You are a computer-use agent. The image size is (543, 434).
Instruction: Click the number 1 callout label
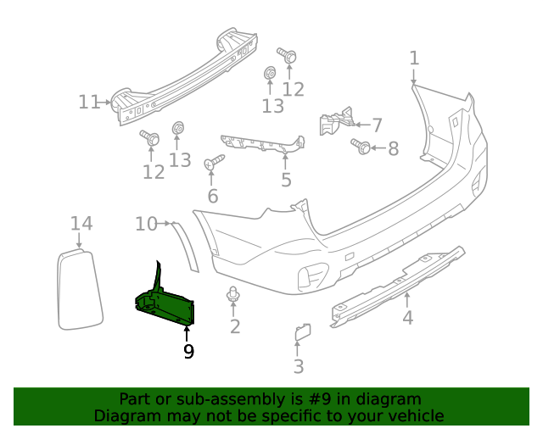tap(414, 58)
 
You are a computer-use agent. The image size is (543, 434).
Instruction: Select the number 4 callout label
tap(408, 318)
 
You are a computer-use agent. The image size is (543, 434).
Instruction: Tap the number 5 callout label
tap(286, 180)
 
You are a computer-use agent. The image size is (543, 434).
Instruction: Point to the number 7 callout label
tap(377, 124)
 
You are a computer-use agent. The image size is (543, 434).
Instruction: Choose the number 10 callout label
tap(146, 224)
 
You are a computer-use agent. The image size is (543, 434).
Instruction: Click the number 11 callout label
tap(89, 103)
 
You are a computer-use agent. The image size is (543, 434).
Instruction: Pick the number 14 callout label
tap(81, 223)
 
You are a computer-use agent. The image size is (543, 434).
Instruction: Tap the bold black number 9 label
tap(188, 350)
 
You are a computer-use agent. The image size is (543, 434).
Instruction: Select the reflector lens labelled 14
tap(78, 288)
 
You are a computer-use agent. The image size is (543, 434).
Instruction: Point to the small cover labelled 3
tap(302, 332)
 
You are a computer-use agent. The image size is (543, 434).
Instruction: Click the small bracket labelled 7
tap(334, 120)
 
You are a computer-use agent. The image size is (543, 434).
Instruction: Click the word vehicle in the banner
tap(413, 416)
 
